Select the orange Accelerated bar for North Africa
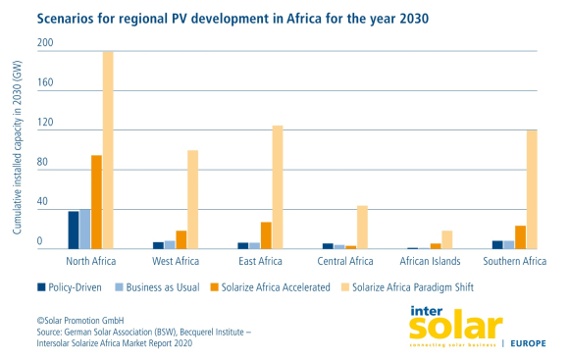96,202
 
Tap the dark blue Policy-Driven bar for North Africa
73,231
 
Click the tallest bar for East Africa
278,187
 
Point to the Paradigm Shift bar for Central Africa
363,228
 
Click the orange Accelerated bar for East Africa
266,235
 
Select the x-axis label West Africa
177,262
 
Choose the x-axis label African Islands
431,262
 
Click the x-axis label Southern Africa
515,262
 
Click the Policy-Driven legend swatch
42,287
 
